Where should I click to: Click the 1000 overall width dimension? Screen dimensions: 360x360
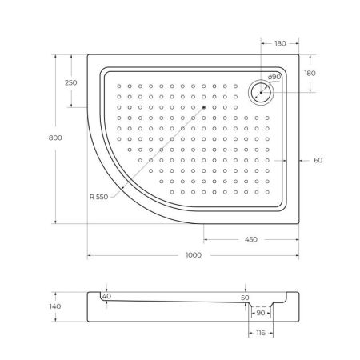click(192, 255)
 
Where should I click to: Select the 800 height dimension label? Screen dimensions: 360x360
click(55, 138)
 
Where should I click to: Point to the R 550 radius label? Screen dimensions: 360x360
click(99, 197)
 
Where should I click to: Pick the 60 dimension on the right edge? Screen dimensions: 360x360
click(318, 160)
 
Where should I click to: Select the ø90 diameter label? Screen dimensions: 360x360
click(273, 78)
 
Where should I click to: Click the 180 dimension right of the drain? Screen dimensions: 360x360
click(310, 73)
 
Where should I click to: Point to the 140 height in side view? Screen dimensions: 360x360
click(55, 306)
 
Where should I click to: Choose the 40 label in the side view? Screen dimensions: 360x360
click(106, 297)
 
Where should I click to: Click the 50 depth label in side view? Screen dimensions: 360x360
click(245, 298)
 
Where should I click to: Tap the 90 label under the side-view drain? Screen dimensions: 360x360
click(261, 313)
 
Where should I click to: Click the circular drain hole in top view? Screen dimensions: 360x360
click(262, 92)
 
